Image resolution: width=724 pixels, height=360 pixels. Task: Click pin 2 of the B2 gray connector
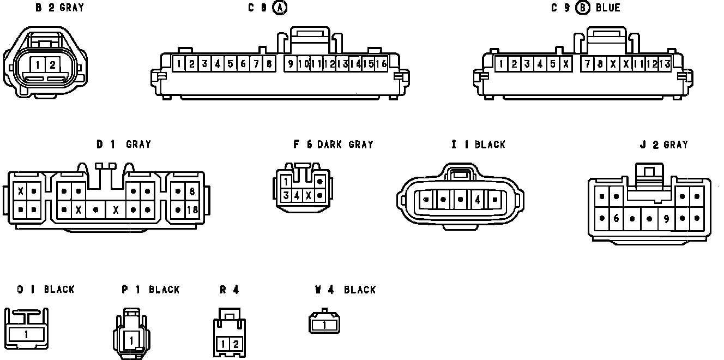52,65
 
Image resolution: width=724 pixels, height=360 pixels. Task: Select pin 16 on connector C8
381,64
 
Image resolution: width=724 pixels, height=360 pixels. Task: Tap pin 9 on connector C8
291,64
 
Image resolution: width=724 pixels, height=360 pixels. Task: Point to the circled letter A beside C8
280,8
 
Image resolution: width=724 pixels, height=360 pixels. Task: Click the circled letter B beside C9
583,8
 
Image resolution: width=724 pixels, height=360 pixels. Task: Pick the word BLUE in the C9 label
608,8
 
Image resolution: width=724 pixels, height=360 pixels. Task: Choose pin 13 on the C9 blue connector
665,64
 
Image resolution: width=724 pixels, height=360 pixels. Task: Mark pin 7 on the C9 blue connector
587,64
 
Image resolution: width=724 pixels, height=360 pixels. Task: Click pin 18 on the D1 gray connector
192,209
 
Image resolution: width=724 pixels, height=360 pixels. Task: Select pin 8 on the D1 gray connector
192,191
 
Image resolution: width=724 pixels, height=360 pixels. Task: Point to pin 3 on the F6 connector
286,195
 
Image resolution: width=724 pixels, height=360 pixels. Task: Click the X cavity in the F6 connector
309,195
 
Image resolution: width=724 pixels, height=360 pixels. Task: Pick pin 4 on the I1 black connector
478,200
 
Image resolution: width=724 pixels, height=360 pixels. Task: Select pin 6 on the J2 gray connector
616,218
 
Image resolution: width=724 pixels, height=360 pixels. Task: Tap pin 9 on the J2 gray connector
666,218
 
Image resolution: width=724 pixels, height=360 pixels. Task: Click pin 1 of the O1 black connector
26,334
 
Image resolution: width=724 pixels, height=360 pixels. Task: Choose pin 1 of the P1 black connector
131,340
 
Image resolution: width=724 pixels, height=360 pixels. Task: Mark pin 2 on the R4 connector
236,344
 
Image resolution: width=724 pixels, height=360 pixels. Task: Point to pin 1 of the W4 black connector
324,325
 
